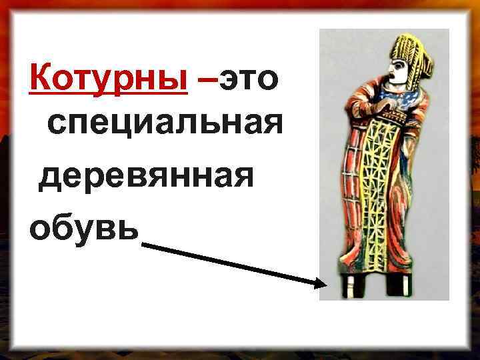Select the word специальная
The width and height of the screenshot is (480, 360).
pyautogui.click(x=161, y=125)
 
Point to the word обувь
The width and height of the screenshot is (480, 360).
pyautogui.click(x=84, y=227)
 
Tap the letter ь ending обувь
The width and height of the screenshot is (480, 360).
pyautogui.click(x=131, y=227)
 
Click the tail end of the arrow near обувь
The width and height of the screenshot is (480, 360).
pyautogui.click(x=145, y=245)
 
